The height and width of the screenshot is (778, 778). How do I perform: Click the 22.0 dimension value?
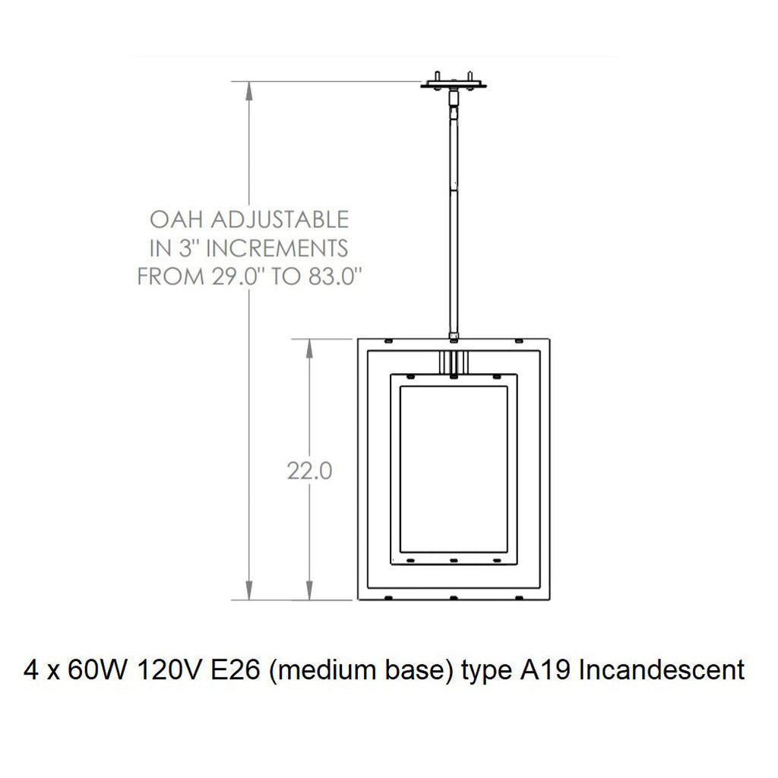(309, 471)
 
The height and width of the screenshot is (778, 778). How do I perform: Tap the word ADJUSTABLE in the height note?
(279, 220)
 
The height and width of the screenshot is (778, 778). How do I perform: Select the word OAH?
(176, 220)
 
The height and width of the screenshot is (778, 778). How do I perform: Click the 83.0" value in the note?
(328, 277)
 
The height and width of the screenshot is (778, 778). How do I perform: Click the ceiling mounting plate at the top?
(453, 84)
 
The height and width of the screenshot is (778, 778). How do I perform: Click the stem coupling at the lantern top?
(454, 335)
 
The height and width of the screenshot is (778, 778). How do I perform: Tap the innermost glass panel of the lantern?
(454, 467)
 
